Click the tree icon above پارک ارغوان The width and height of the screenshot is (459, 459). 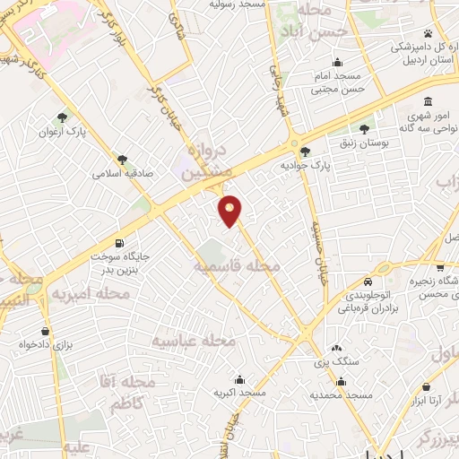(62, 117)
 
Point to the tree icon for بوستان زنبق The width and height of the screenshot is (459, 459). (364, 127)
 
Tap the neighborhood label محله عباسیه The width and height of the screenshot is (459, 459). (194, 341)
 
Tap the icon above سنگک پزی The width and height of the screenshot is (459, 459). (337, 349)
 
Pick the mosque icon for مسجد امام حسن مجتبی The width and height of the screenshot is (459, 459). (337, 62)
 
